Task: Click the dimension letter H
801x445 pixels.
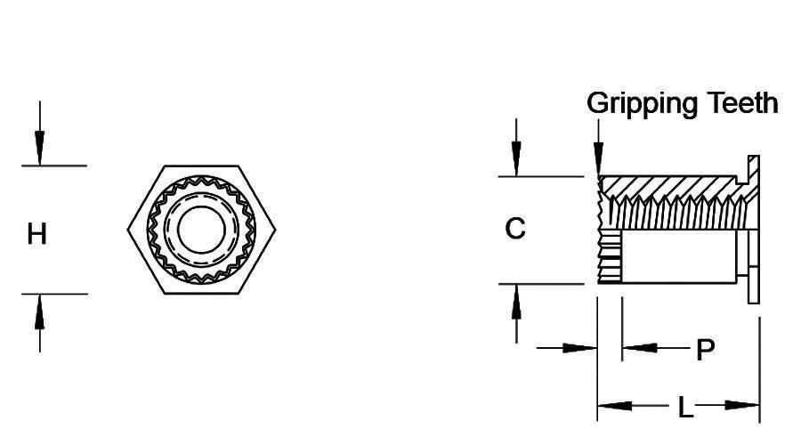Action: (37, 235)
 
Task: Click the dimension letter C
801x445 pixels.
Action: (515, 229)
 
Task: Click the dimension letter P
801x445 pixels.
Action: (705, 350)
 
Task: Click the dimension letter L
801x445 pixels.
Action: (684, 408)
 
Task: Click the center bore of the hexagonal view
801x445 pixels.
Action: (202, 229)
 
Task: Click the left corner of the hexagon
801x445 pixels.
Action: (128, 230)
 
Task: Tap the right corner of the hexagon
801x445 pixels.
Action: (276, 230)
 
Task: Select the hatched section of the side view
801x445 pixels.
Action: (667, 187)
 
